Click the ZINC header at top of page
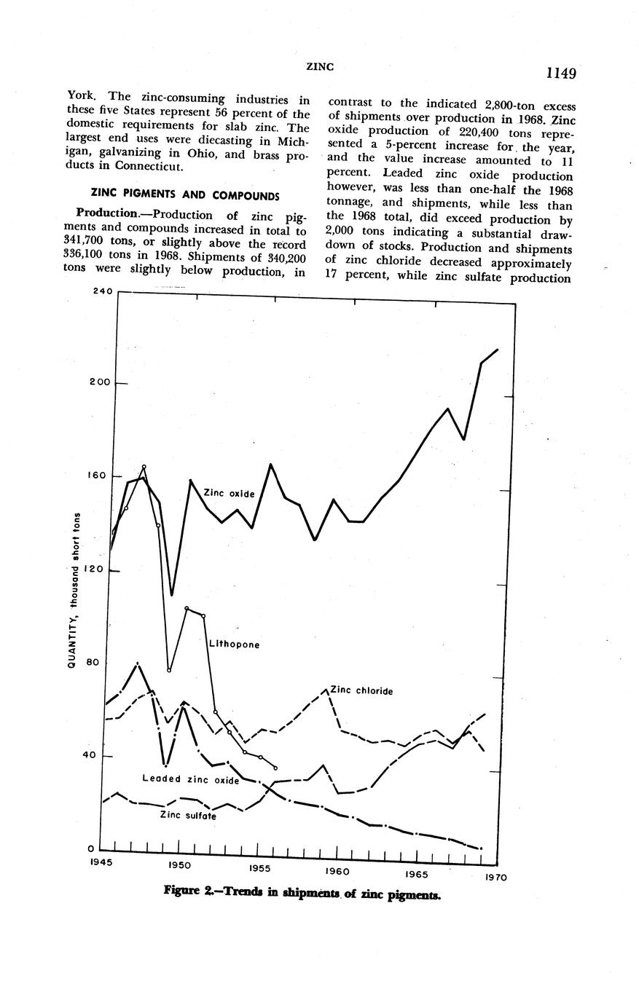tap(320, 66)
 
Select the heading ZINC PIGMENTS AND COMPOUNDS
tap(184, 195)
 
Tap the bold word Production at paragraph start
tap(106, 215)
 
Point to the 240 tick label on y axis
tap(103, 291)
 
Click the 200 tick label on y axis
tap(101, 383)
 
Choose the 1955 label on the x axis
tap(260, 868)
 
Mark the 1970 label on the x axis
tap(495, 878)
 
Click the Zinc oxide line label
tap(229, 493)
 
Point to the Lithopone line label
tap(234, 645)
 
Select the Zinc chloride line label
tap(361, 690)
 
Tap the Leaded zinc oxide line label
tap(191, 780)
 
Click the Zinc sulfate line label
tap(187, 816)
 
